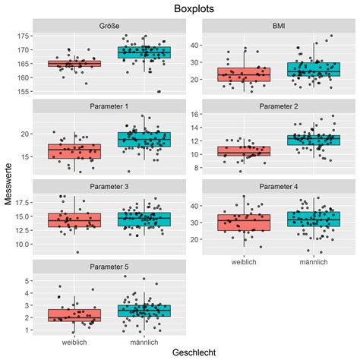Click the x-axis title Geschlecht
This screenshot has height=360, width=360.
[x=193, y=352]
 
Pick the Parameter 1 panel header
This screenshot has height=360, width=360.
[x=109, y=106]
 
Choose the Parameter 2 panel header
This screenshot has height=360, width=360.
[x=278, y=106]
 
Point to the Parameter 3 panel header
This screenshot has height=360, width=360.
[x=109, y=185]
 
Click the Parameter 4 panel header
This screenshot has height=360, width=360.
[x=278, y=185]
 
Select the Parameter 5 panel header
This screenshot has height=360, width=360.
[x=109, y=265]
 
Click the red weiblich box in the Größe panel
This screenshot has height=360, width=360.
[x=74, y=64]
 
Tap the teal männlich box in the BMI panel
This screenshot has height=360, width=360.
[x=312, y=70]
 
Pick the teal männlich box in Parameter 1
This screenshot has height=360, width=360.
[x=144, y=139]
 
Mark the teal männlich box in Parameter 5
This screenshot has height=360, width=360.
[x=144, y=311]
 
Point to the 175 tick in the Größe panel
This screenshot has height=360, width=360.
[x=24, y=36]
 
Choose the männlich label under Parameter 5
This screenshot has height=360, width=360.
[x=144, y=342]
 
